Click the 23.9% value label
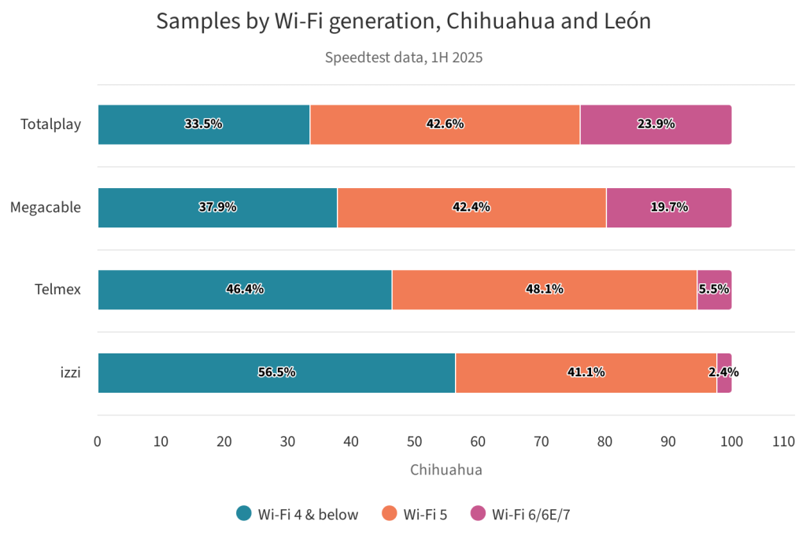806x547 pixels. tap(656, 124)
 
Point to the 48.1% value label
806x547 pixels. tap(545, 289)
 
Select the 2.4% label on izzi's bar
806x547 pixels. tap(724, 372)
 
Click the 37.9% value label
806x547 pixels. tap(217, 207)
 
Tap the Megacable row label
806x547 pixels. tap(46, 207)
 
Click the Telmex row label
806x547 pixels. tap(57, 290)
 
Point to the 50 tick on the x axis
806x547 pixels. tap(415, 442)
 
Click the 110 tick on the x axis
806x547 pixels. tap(784, 442)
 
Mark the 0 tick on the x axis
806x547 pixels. tap(98, 442)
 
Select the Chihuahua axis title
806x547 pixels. tap(446, 469)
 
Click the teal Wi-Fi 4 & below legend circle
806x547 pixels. tap(244, 514)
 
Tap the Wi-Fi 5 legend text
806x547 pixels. tap(425, 515)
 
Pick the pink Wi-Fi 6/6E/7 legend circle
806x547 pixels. tap(478, 514)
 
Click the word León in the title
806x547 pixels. tap(623, 21)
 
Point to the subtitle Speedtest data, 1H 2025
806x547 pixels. tap(403, 57)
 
